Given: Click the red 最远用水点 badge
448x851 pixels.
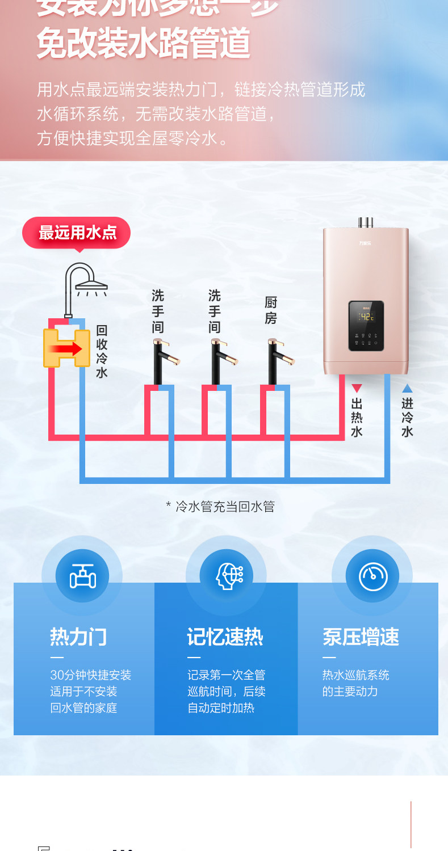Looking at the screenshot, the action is pos(77,233).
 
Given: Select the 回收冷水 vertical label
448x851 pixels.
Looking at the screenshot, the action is pos(102,351).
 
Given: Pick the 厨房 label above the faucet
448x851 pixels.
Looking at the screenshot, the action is pos(271,310).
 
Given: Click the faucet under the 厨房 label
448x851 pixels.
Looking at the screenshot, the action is pos(278,360).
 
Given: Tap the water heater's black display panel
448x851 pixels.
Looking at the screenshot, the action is pos(366,325).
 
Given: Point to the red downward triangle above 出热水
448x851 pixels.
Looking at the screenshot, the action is pos(357,389).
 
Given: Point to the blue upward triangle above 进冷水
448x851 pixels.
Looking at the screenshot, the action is pos(407,389).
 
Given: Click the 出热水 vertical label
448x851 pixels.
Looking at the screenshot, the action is pos(357,418).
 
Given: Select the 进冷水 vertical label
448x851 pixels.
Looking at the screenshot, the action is pos(407,418).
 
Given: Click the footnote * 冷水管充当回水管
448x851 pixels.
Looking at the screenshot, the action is pos(220,506).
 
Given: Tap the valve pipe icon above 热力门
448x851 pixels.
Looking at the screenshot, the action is pos(83,576).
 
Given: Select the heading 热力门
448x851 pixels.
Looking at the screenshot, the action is pos(78,637).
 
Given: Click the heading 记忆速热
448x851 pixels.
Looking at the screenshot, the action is pos(225,637).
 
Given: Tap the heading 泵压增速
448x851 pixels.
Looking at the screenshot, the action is pos(361,637).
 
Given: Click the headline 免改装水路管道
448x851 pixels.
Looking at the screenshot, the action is pos(143,44).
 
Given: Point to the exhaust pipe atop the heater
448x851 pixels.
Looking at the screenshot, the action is pos(366,222).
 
